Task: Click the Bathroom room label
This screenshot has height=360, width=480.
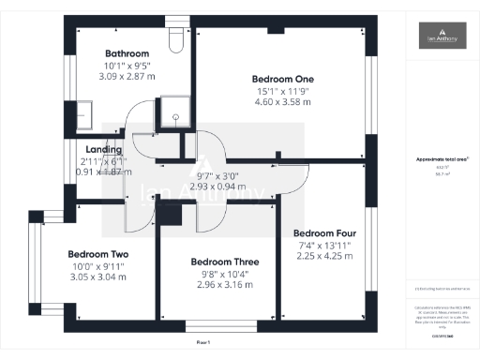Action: [123, 53]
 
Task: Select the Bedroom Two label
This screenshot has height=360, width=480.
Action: [98, 254]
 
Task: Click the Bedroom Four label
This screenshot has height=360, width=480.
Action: [324, 232]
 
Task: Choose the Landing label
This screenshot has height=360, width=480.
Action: [103, 149]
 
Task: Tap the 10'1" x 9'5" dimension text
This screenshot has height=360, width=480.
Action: [123, 66]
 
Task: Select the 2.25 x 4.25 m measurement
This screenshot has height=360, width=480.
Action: [324, 255]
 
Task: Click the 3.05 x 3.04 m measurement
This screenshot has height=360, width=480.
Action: [98, 277]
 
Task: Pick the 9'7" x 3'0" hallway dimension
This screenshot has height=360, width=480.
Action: [218, 174]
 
